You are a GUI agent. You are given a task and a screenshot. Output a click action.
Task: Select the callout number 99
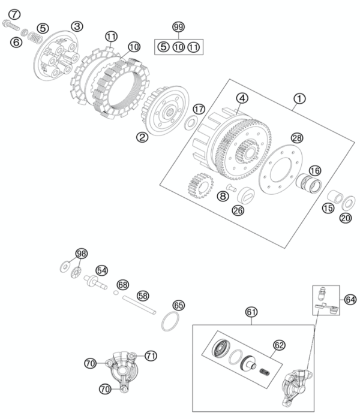tap(178, 28)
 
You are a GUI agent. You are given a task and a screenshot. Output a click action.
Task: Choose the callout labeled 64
tap(350, 298)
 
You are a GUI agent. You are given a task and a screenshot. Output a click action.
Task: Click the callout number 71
tap(151, 355)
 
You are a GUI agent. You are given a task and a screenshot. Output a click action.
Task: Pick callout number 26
tap(238, 211)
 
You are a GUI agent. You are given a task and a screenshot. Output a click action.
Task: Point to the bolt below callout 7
tap(13, 25)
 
